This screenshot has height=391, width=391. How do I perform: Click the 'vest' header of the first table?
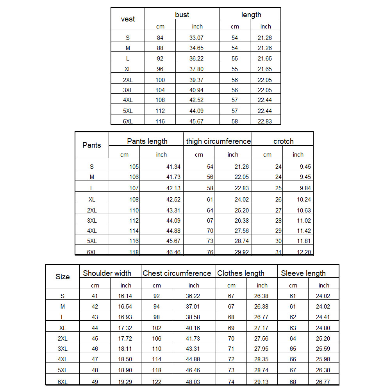click(x=128, y=19)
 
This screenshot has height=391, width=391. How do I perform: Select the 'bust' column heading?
click(x=182, y=15)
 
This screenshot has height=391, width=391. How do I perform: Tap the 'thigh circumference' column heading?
click(x=218, y=141)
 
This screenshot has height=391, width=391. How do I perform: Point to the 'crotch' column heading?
click(x=283, y=141)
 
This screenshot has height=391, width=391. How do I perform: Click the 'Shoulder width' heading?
click(x=107, y=273)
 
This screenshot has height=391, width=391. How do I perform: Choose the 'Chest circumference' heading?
click(x=177, y=273)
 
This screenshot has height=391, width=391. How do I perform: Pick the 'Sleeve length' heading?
click(x=303, y=273)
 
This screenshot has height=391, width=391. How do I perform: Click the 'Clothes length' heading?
click(x=241, y=273)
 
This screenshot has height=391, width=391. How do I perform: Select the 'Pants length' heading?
click(x=147, y=141)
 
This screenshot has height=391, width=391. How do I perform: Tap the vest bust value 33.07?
click(x=197, y=38)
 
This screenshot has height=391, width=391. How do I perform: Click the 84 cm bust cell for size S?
click(x=160, y=38)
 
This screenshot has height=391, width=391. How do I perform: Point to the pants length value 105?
click(x=134, y=167)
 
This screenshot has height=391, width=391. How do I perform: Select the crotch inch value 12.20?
click(x=304, y=252)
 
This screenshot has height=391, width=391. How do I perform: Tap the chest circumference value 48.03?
click(x=193, y=382)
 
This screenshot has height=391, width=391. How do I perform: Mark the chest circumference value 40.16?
click(x=193, y=328)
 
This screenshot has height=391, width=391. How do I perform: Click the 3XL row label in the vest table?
click(x=128, y=90)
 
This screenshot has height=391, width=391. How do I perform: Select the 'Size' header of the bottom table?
click(x=62, y=277)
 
